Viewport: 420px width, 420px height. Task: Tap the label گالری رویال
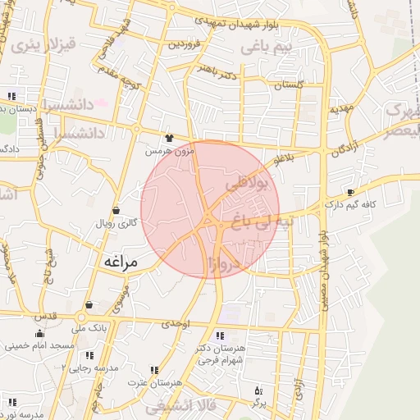pos(116,222)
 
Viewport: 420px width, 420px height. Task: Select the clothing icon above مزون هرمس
pos(169,138)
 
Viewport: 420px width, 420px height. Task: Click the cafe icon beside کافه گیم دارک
pos(351,191)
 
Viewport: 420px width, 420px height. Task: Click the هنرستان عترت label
pos(148,383)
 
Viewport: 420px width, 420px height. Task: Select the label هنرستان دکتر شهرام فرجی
pos(221,354)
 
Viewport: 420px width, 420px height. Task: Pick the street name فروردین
pos(185,44)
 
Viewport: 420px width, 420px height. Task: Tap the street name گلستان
pos(288,84)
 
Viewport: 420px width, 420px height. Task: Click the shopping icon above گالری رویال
pos(116,210)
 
